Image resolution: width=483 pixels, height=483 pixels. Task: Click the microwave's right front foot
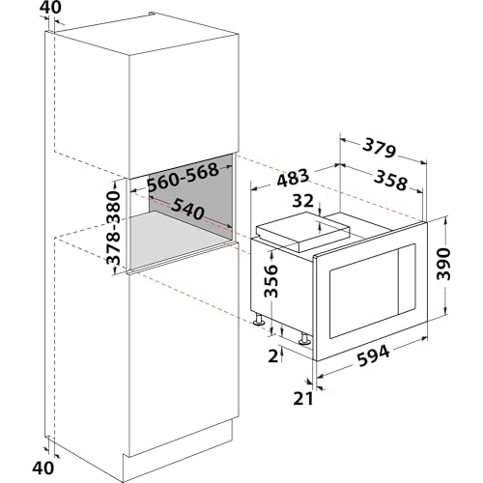tap(305, 337)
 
